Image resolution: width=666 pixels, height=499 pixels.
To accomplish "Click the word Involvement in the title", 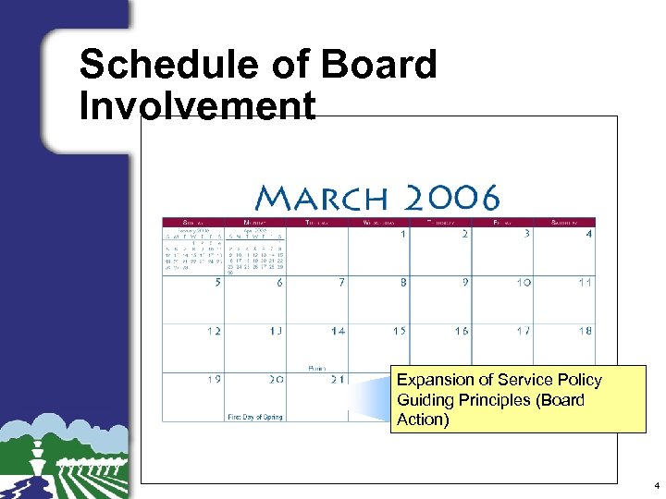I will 197,106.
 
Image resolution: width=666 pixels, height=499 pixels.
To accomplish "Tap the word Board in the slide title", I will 378,66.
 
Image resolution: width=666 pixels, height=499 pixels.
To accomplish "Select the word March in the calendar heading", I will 321,197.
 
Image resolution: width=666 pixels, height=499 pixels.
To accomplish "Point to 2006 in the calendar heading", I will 451,197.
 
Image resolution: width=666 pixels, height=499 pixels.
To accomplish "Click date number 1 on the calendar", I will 403,235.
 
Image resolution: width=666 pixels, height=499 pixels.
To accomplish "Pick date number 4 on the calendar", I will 588,235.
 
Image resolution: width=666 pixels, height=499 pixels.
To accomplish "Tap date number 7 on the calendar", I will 341,283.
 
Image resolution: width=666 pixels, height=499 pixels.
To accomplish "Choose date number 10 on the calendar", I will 524,283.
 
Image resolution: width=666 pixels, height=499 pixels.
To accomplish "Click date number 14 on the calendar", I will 339,331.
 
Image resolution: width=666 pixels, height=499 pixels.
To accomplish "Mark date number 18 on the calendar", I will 586,331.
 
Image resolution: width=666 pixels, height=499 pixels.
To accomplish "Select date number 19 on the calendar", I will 214,379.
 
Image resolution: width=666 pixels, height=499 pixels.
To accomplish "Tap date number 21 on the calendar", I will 339,379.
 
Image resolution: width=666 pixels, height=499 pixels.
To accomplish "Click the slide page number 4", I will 656,485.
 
